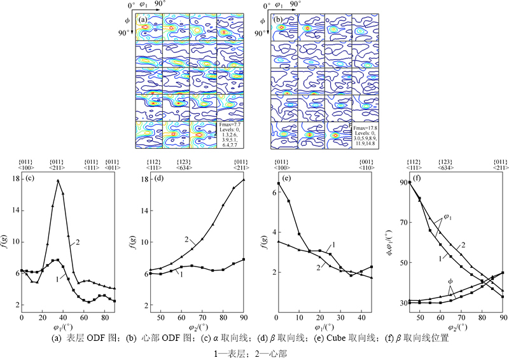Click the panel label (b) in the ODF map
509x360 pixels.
[x=278, y=19]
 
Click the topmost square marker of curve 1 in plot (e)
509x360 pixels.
[x=278, y=184]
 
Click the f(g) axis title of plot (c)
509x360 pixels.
[x=6, y=242]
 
